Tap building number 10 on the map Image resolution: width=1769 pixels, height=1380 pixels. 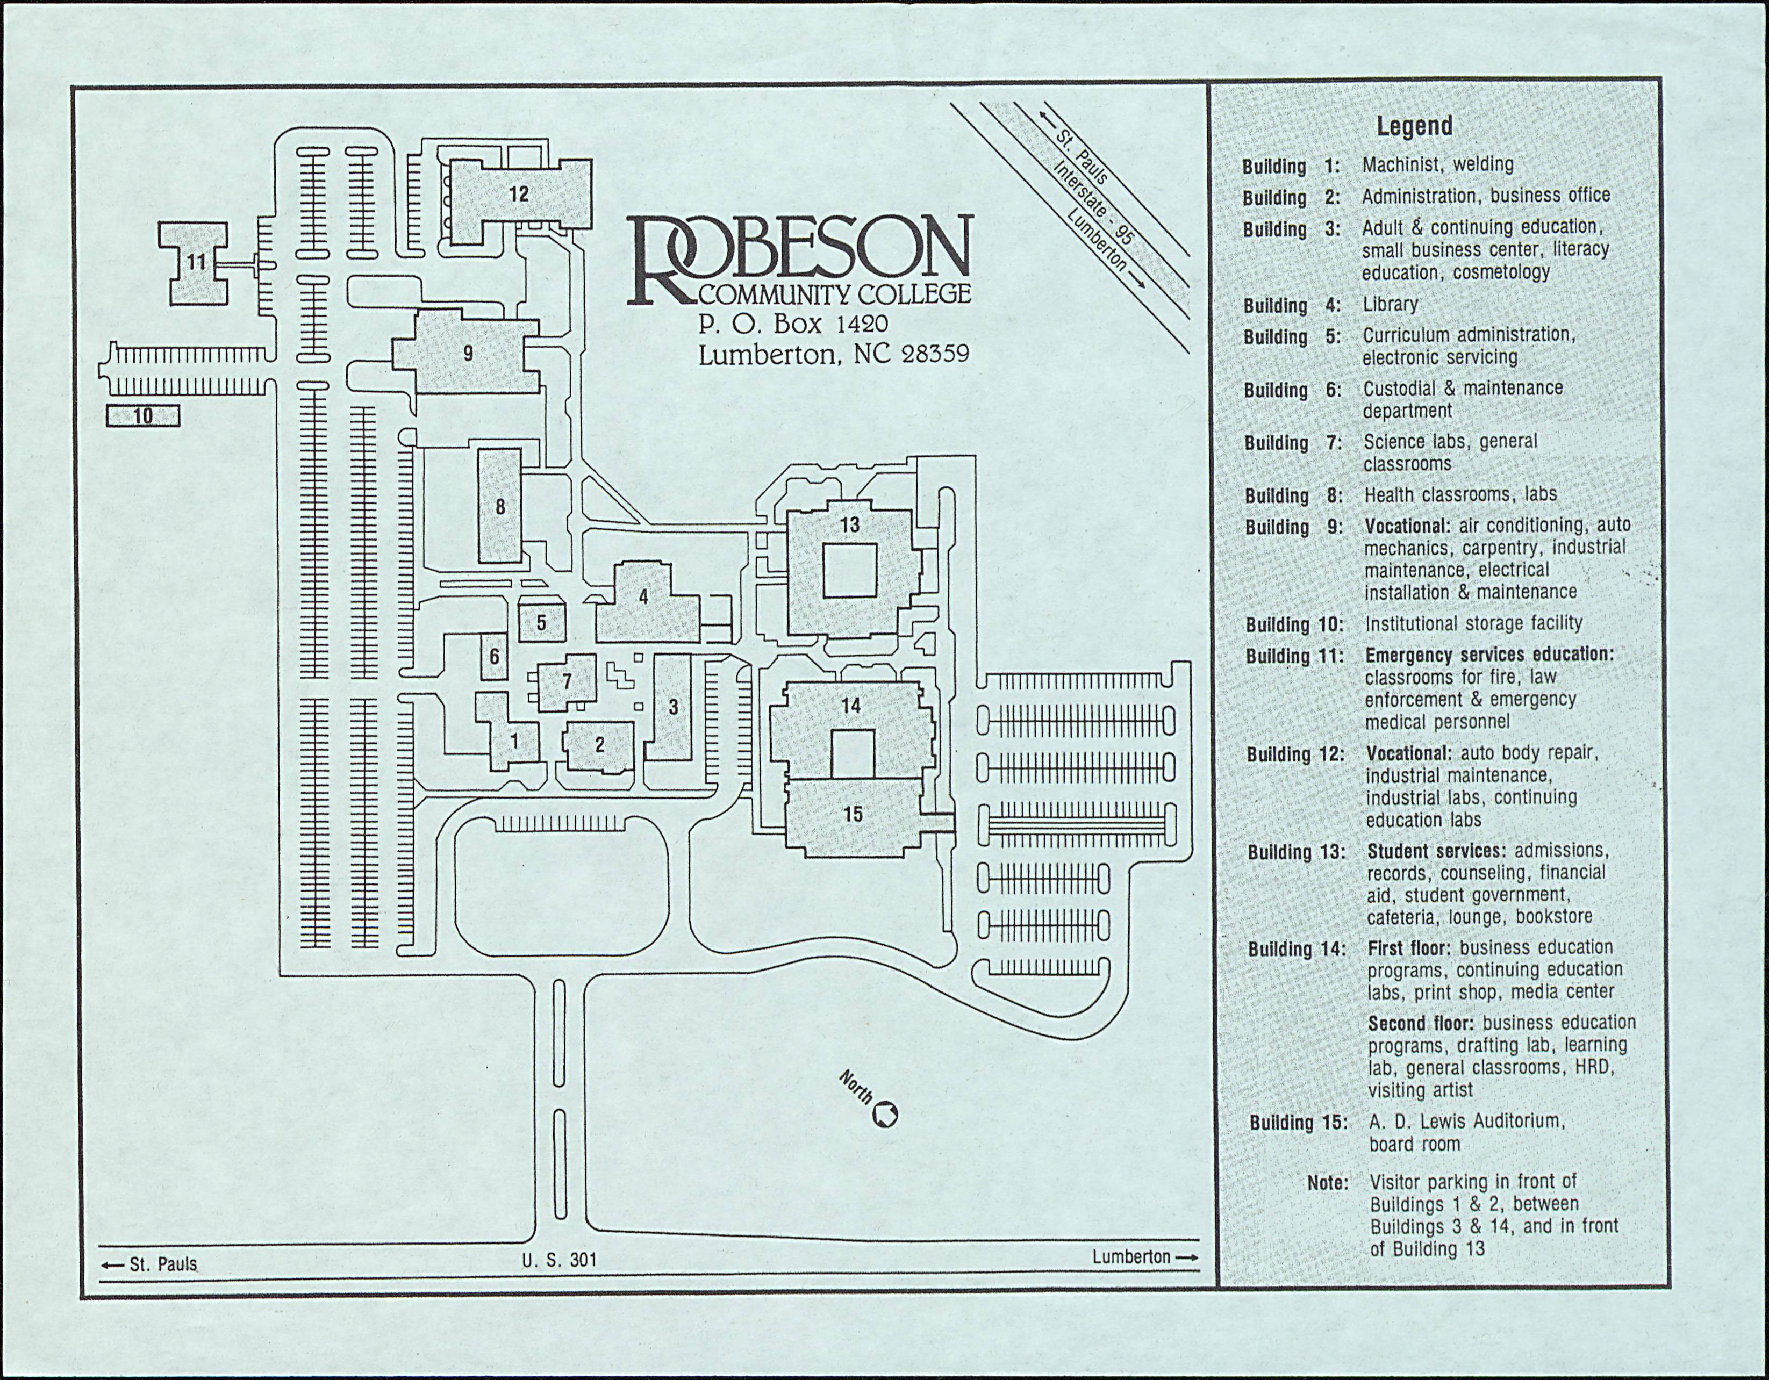[x=142, y=416]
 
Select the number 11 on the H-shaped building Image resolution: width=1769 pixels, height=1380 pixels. [x=197, y=262]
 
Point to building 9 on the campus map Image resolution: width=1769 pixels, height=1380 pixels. [x=468, y=353]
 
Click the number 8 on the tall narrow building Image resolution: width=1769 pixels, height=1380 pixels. [x=500, y=507]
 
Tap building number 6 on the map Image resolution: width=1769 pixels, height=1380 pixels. [x=494, y=656]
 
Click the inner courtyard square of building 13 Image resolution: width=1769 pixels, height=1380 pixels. [x=850, y=571]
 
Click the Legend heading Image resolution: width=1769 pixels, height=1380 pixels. [x=1414, y=126]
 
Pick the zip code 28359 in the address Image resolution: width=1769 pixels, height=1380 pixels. [x=935, y=355]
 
